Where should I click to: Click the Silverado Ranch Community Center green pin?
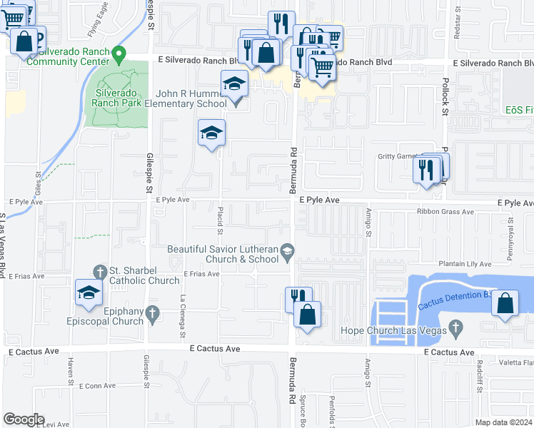click(x=119, y=53)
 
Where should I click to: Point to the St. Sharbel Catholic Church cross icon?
click(x=101, y=271)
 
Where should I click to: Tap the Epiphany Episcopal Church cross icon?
click(x=151, y=312)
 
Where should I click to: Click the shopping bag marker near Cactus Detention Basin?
click(x=505, y=303)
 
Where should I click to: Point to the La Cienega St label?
click(x=183, y=317)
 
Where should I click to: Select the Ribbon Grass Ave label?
click(x=445, y=212)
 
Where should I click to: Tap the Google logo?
click(x=24, y=419)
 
